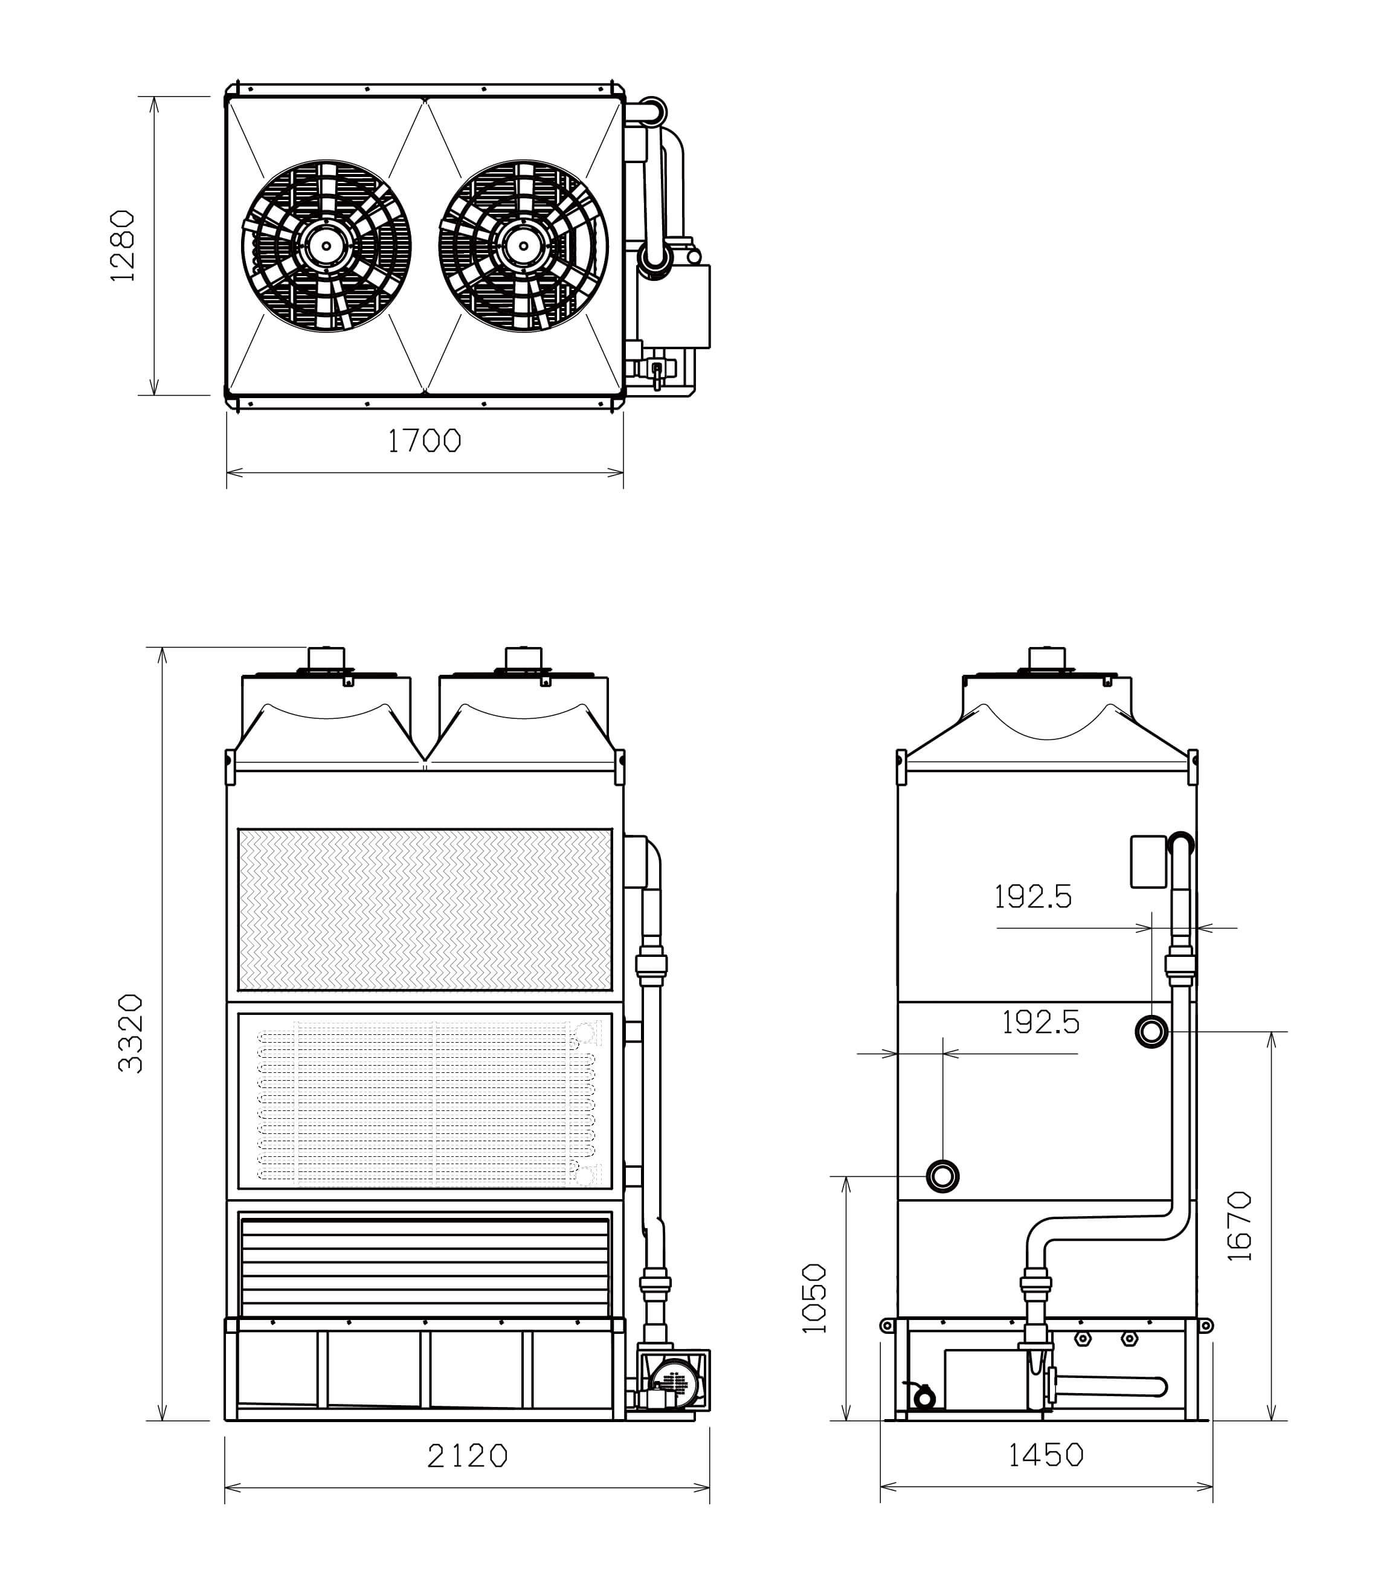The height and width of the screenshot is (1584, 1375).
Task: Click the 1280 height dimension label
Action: pos(123,246)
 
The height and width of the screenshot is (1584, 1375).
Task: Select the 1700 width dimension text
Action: pos(424,440)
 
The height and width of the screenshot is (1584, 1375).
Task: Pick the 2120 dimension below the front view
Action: pos(467,1455)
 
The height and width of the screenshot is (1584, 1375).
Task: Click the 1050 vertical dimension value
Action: pos(814,1298)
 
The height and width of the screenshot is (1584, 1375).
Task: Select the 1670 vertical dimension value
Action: pos(1239,1226)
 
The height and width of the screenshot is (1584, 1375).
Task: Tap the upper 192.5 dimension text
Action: pos(1033,897)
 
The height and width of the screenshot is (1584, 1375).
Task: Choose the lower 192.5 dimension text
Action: pos(1040,1022)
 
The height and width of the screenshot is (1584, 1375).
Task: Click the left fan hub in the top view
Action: pos(326,246)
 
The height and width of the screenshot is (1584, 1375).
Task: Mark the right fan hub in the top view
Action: pos(523,246)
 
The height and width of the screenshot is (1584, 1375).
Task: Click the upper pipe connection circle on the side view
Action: pos(1151,1031)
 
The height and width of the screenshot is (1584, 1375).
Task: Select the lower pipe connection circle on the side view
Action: pos(942,1176)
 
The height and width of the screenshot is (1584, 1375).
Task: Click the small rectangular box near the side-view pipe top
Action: pos(1148,862)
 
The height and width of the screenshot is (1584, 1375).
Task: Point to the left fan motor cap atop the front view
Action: pos(326,658)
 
